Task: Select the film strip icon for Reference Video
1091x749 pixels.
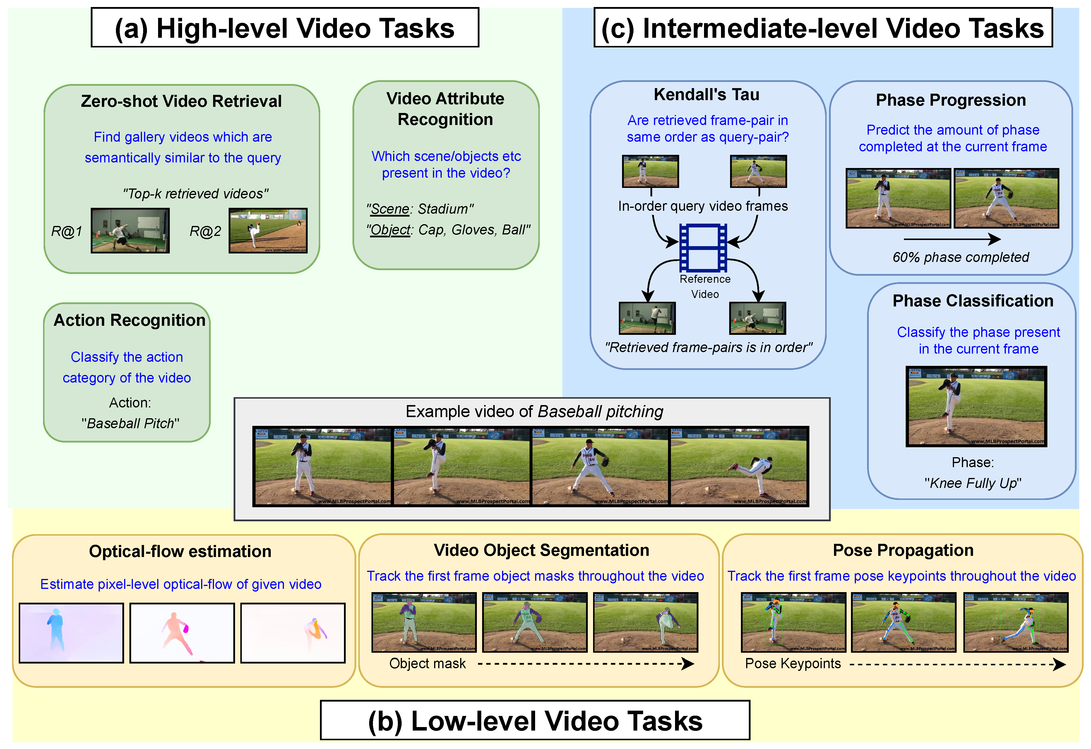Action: tap(703, 248)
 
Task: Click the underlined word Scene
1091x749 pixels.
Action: tap(390, 209)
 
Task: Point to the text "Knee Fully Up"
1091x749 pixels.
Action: tap(973, 483)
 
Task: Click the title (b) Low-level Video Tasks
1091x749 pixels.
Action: tap(535, 721)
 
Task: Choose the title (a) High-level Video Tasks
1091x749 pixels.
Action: tap(285, 28)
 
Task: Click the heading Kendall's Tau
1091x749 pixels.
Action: tap(707, 95)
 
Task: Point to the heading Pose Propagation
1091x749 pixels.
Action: tap(903, 550)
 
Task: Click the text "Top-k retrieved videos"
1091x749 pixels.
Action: tap(195, 193)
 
